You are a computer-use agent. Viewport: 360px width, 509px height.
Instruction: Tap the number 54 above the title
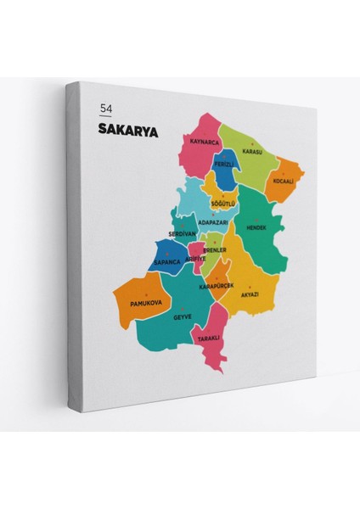105,109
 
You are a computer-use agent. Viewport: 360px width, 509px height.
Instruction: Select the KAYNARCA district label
206,142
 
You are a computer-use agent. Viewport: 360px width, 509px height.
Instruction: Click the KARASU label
252,152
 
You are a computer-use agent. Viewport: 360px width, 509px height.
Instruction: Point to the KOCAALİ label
283,180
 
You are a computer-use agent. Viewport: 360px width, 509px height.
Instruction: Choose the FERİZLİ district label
224,163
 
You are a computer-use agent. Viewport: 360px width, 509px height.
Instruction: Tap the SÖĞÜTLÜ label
223,204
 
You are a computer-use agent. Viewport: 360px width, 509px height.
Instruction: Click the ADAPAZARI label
212,222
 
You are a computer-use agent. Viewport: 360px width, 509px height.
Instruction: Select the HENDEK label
256,227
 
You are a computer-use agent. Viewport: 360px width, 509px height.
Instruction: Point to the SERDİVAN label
183,233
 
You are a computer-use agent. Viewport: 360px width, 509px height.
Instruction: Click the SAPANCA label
168,262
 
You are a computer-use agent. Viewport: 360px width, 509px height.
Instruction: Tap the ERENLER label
215,250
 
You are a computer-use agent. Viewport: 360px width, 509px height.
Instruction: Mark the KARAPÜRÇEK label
216,287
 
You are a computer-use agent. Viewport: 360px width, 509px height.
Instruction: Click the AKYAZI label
250,294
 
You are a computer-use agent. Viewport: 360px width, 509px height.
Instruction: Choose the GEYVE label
183,316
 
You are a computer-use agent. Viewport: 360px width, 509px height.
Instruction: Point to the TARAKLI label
209,338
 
